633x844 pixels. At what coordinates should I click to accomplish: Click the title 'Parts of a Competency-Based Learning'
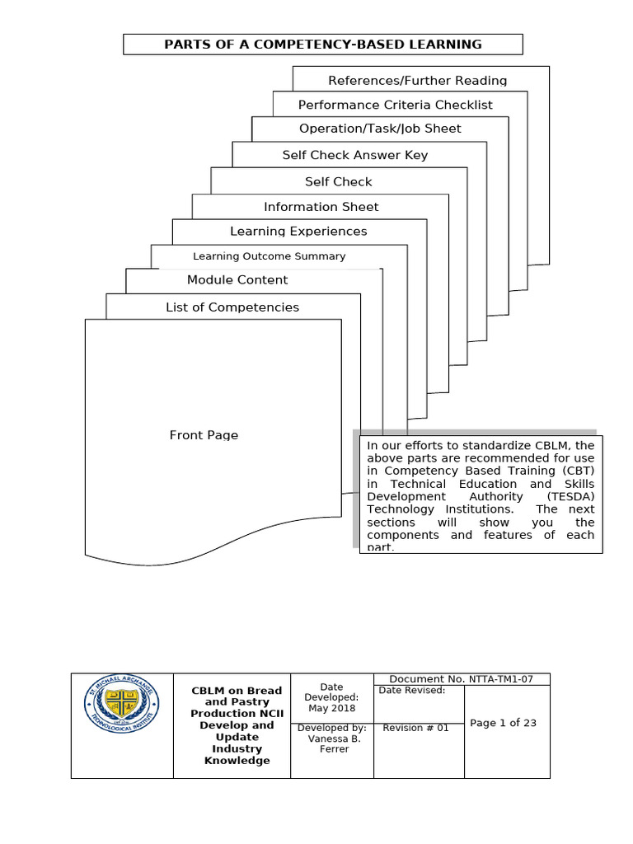[322, 45]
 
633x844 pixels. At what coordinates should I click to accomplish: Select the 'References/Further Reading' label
[417, 81]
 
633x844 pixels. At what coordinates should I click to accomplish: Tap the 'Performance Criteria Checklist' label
[395, 105]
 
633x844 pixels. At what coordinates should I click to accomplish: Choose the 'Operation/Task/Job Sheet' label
[380, 129]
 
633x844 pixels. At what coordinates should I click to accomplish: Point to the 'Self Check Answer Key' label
[354, 155]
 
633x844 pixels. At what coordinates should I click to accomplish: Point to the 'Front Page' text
[204, 435]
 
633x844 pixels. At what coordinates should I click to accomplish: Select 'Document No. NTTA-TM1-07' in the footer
[461, 679]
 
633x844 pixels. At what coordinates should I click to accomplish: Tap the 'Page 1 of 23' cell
[503, 723]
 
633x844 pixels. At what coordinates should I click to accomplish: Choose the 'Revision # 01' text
[416, 728]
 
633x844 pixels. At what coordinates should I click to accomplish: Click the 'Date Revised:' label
[412, 691]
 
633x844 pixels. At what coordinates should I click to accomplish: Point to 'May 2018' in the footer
[331, 708]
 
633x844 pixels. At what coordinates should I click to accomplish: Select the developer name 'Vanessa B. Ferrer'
[331, 743]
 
